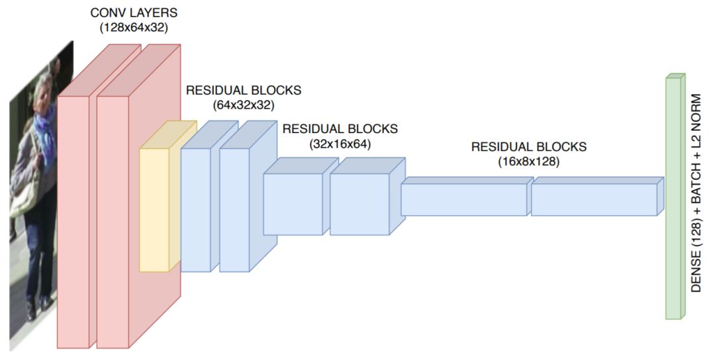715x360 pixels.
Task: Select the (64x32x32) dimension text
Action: [244, 105]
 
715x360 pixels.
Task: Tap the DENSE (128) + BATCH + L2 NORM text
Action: [696, 193]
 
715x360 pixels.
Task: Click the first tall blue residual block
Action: [195, 209]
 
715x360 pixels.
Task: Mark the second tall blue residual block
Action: [234, 209]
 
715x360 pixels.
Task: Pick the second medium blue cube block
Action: [359, 204]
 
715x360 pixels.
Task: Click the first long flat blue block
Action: [463, 199]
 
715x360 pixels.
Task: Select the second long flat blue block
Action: [593, 199]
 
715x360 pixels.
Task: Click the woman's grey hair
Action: [42, 85]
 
